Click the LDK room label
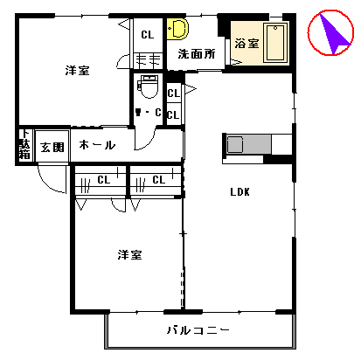click(x=240, y=193)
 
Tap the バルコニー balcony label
click(x=198, y=330)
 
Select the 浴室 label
click(x=246, y=44)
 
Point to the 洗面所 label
click(x=197, y=54)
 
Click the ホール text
click(x=97, y=145)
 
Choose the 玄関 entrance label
click(x=52, y=147)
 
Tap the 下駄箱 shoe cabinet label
click(x=24, y=146)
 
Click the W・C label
click(x=148, y=112)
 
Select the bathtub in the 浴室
click(x=276, y=44)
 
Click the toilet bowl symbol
click(x=149, y=87)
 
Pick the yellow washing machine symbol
click(x=178, y=29)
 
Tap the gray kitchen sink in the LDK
click(x=236, y=144)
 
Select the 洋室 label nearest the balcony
click(x=130, y=255)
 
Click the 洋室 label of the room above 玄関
click(x=77, y=70)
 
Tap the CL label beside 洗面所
click(x=147, y=34)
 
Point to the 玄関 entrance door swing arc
click(x=53, y=181)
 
